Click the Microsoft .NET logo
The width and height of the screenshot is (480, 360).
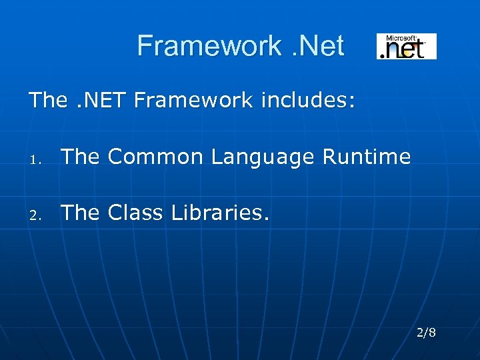point(407,47)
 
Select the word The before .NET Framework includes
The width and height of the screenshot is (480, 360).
point(48,101)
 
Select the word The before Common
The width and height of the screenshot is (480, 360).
point(80,157)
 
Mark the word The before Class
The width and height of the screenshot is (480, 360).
point(80,213)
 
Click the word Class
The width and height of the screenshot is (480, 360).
point(135,213)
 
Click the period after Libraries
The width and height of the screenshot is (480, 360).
point(268,219)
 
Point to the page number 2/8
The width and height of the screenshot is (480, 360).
point(426,332)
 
